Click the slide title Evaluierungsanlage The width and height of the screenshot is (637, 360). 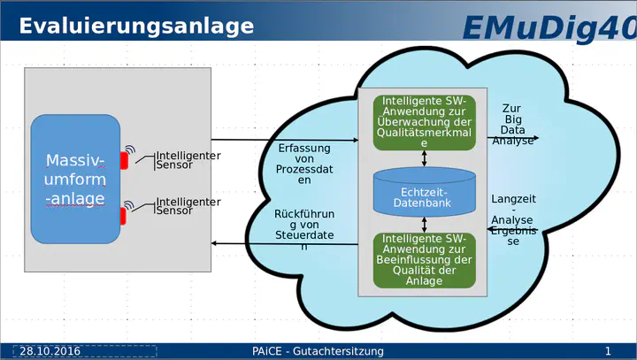pyautogui.click(x=136, y=27)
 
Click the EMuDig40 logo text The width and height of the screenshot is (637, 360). pyautogui.click(x=549, y=28)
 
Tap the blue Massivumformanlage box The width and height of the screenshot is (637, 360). pyautogui.click(x=75, y=180)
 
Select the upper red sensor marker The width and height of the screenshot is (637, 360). pyautogui.click(x=124, y=160)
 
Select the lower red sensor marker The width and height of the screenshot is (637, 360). pyautogui.click(x=123, y=216)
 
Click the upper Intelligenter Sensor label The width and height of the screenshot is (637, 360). pyautogui.click(x=188, y=160)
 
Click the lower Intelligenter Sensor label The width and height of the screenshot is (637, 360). pyautogui.click(x=188, y=206)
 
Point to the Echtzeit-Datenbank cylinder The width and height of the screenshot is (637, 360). pyautogui.click(x=424, y=192)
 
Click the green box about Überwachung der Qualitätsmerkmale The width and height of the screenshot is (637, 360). pyautogui.click(x=424, y=122)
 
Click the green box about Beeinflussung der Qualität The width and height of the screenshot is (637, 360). pyautogui.click(x=424, y=260)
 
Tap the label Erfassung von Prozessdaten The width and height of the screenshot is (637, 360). pyautogui.click(x=304, y=165)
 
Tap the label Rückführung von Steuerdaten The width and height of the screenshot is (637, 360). pyautogui.click(x=304, y=230)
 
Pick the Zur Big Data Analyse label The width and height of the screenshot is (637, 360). pyautogui.click(x=512, y=125)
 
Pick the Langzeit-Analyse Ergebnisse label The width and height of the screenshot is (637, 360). pyautogui.click(x=513, y=220)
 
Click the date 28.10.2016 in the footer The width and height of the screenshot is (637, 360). pyautogui.click(x=50, y=351)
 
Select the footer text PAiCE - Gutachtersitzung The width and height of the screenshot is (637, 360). pyautogui.click(x=318, y=351)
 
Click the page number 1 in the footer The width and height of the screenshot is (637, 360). pyautogui.click(x=608, y=351)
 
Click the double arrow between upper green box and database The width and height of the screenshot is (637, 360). pyautogui.click(x=424, y=158)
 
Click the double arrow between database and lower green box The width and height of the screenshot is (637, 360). pyautogui.click(x=424, y=225)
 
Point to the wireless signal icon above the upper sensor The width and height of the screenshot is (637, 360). pyautogui.click(x=130, y=149)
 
